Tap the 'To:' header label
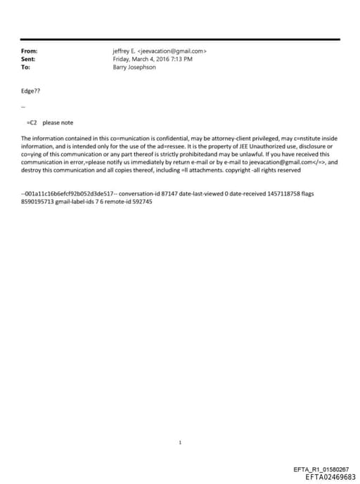(x=25, y=68)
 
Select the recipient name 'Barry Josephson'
(x=134, y=68)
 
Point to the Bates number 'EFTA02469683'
(x=330, y=476)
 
